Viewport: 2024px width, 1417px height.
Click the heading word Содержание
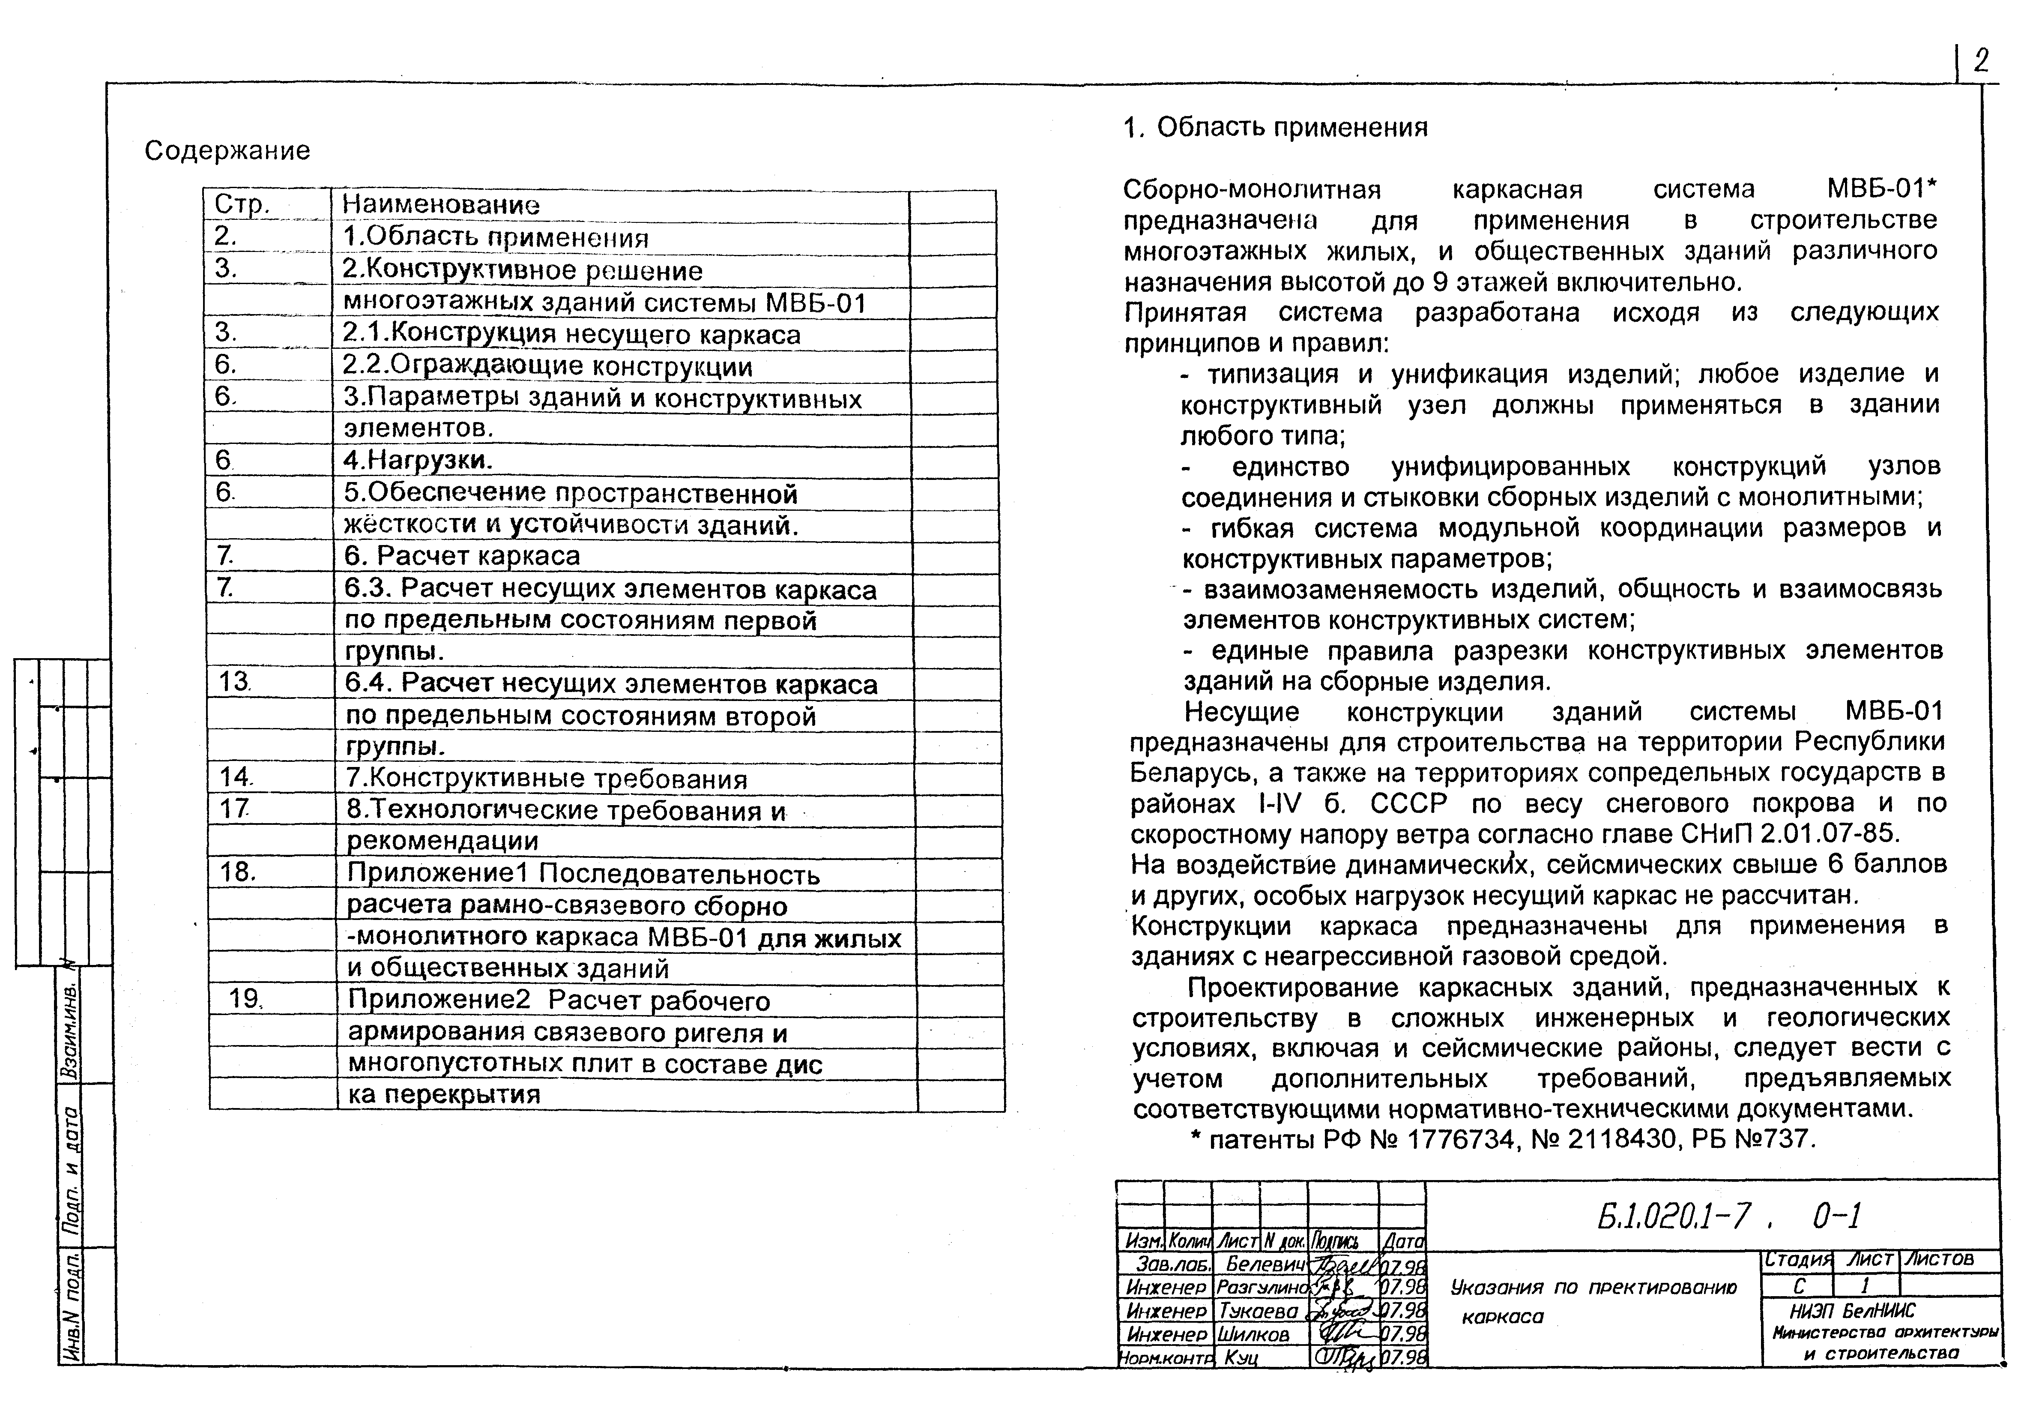(227, 151)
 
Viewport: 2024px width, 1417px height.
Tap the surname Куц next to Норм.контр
(1241, 1358)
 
